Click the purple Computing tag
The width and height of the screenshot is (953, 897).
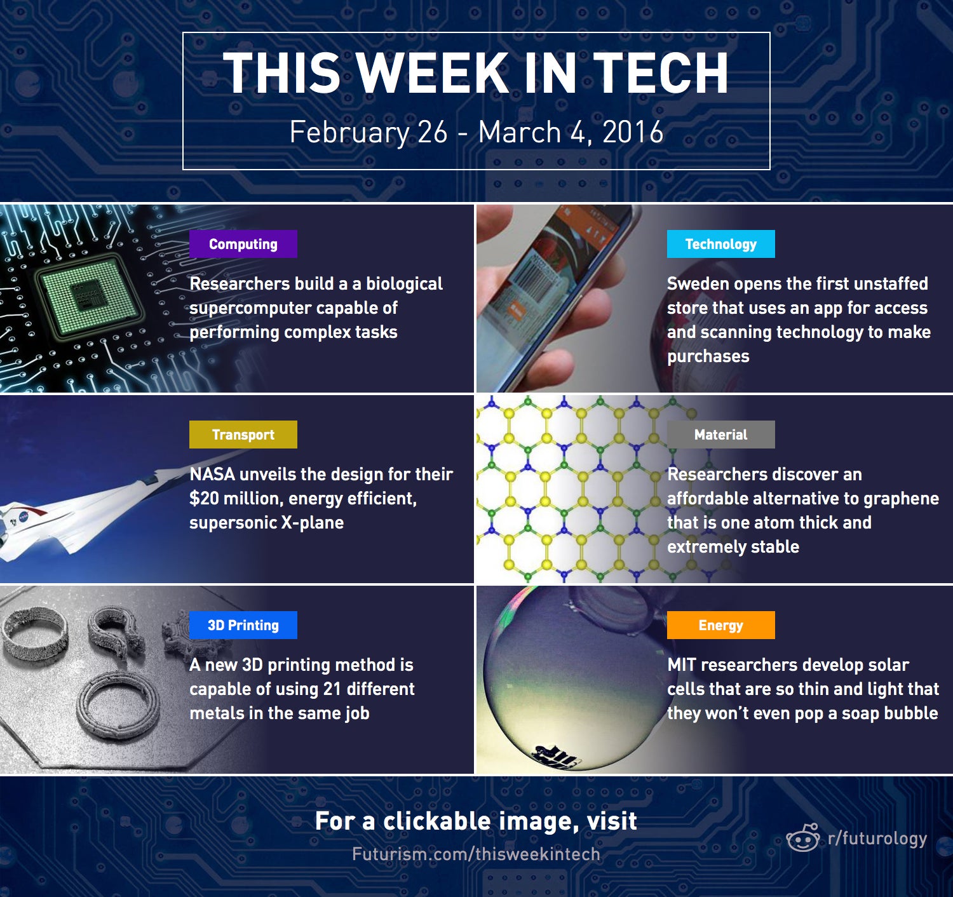pyautogui.click(x=243, y=244)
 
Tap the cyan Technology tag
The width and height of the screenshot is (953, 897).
pyautogui.click(x=720, y=244)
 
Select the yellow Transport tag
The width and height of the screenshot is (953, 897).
pyautogui.click(x=243, y=435)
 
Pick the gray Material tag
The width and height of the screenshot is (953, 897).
pyautogui.click(x=720, y=435)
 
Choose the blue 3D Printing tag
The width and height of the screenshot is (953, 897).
pyautogui.click(x=243, y=625)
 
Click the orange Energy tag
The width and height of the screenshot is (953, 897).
pyautogui.click(x=720, y=625)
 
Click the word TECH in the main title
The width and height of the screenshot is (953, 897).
pyautogui.click(x=661, y=73)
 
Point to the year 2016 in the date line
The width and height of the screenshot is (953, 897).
pyautogui.click(x=632, y=132)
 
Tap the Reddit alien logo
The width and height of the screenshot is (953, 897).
pyautogui.click(x=803, y=838)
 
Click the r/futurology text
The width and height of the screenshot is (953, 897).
pyautogui.click(x=877, y=839)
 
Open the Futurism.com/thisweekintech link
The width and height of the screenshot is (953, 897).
pyautogui.click(x=476, y=854)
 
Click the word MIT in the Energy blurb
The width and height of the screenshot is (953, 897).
pyautogui.click(x=682, y=664)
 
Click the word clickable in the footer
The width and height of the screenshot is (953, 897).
pyautogui.click(x=436, y=821)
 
